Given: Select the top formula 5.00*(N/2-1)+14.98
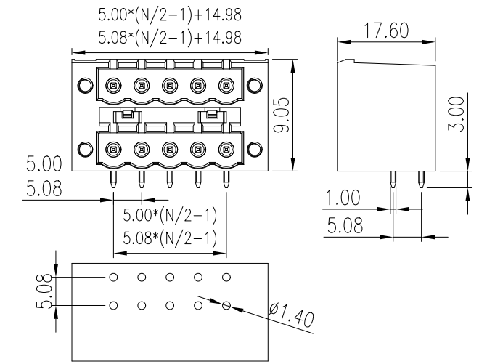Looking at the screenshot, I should [x=170, y=15].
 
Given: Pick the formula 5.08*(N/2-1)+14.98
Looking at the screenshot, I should [x=170, y=36].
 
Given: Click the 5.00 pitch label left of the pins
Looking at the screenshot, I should [x=44, y=162].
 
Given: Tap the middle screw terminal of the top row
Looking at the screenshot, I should [x=169, y=86].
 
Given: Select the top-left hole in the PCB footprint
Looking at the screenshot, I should [x=113, y=278].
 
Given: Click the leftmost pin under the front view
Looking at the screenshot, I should [x=113, y=179].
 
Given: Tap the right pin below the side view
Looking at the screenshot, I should [x=421, y=179].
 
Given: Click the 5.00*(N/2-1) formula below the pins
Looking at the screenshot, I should [x=170, y=217].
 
